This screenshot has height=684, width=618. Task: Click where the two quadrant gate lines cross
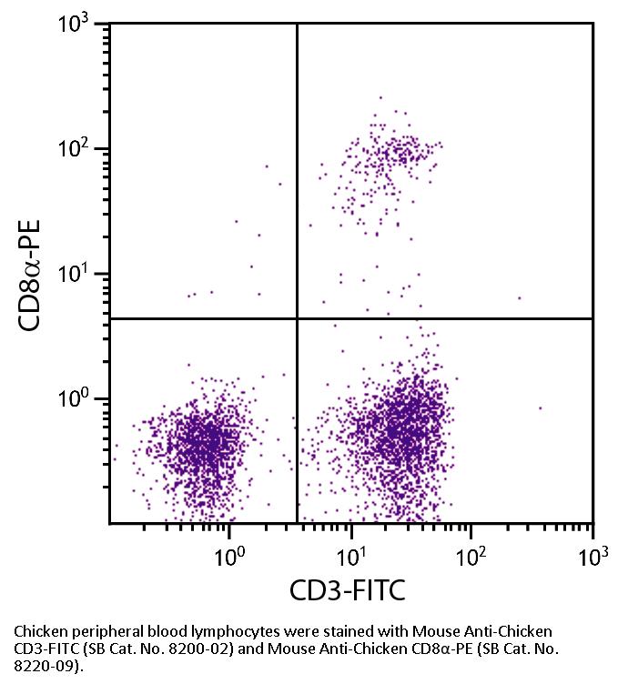click(298, 318)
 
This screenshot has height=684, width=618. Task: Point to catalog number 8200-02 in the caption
click(206, 648)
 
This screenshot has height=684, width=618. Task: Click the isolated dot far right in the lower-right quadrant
click(540, 408)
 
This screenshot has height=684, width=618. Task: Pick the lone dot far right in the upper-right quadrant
click(520, 297)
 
